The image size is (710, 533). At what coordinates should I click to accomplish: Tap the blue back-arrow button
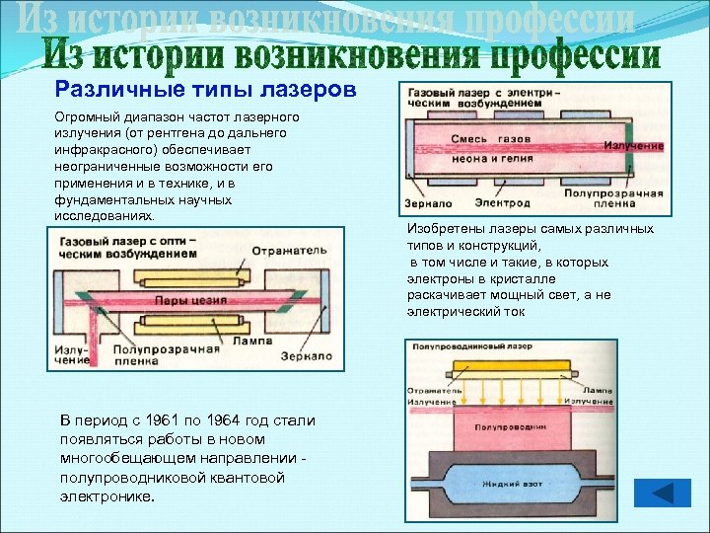pyautogui.click(x=661, y=493)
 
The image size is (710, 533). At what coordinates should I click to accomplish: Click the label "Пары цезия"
pyautogui.click(x=187, y=299)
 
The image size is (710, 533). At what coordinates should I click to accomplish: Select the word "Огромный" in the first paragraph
pyautogui.click(x=86, y=116)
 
